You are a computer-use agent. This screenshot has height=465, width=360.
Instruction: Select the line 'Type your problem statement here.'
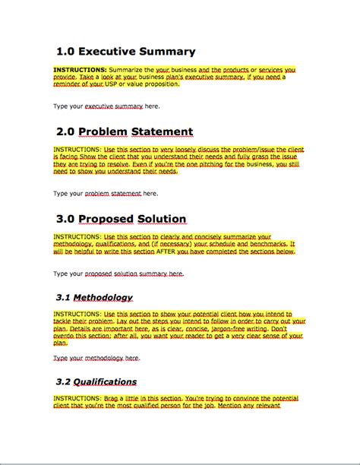[106, 194]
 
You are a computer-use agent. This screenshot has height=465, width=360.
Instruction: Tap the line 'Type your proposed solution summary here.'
[118, 273]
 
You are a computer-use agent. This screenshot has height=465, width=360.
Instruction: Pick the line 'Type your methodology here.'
[96, 357]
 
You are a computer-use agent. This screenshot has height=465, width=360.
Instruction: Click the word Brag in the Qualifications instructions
[116, 398]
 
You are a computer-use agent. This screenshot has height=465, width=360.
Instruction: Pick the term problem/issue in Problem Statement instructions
[256, 150]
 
